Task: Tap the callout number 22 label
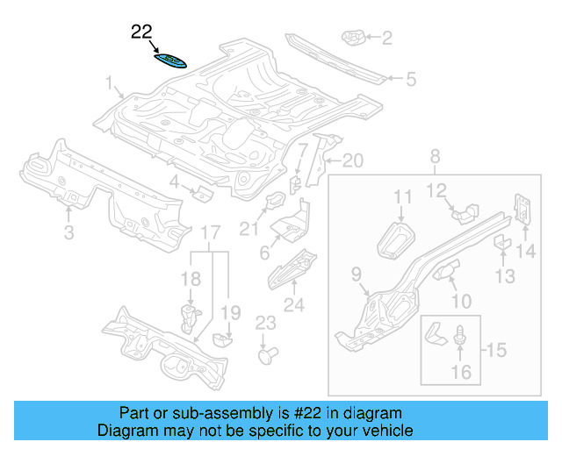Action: pos(141,33)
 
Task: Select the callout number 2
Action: pos(386,37)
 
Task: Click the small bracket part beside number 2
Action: pos(353,37)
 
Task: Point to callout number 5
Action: pos(409,80)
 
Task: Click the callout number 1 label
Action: pos(112,84)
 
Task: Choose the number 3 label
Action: pos(68,232)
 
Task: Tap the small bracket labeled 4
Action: pos(201,192)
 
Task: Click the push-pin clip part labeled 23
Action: pos(266,355)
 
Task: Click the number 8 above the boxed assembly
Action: pos(434,157)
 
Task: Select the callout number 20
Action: pos(351,160)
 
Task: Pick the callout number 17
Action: pos(209,233)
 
